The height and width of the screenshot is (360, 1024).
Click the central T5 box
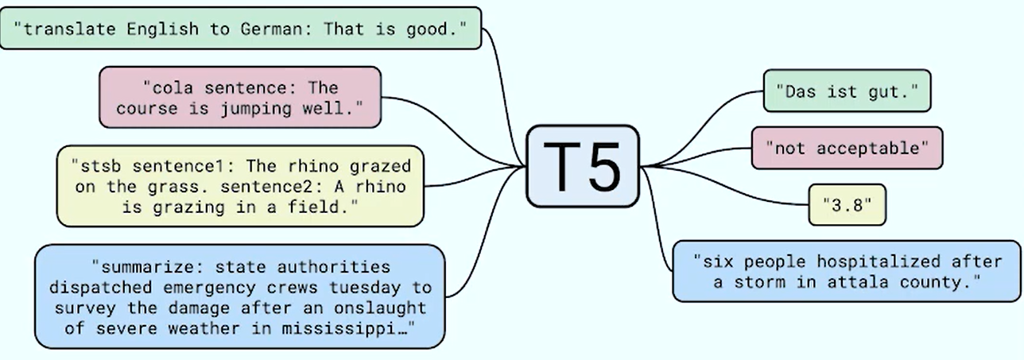pyautogui.click(x=583, y=166)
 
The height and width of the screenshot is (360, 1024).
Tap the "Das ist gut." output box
pyautogui.click(x=847, y=91)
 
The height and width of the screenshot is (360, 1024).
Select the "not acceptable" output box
pyautogui.click(x=847, y=148)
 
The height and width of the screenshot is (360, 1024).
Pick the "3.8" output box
pyautogui.click(x=847, y=205)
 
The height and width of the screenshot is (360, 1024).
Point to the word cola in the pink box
pyautogui.click(x=173, y=87)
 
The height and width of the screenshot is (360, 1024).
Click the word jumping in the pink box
pyautogui.click(x=256, y=110)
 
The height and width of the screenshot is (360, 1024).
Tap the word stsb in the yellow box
pyautogui.click(x=100, y=166)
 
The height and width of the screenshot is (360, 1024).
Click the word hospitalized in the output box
pyautogui.click(x=879, y=262)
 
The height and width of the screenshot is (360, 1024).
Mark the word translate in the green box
pyautogui.click(x=69, y=29)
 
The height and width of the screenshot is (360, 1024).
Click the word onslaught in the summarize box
pyautogui.click(x=380, y=308)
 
